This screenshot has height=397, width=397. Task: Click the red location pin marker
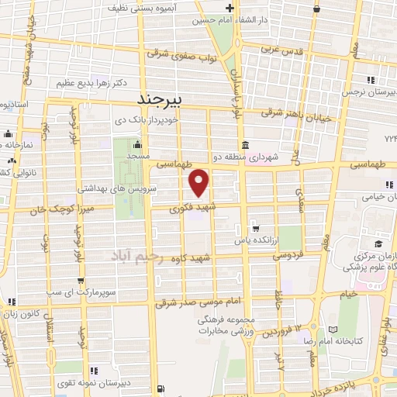(x=200, y=182)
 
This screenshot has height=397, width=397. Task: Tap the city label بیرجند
(x=158, y=99)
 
